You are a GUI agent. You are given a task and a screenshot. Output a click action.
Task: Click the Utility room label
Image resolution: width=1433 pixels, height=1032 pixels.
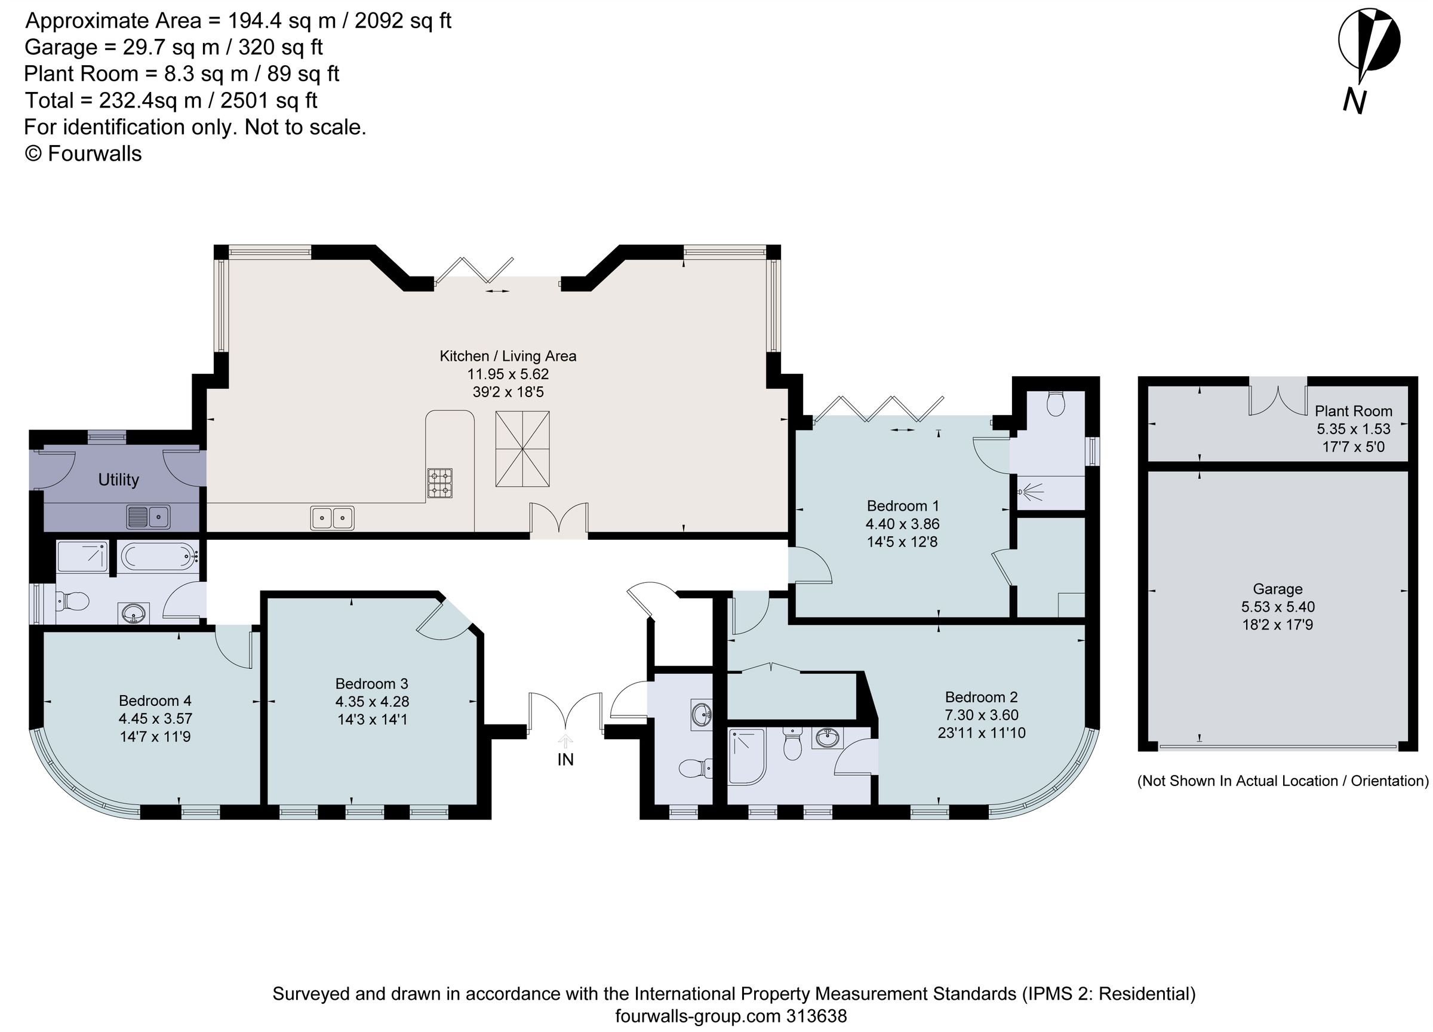pyautogui.click(x=118, y=480)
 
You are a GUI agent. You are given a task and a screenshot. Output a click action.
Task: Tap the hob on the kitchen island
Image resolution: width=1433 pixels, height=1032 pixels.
pyautogui.click(x=440, y=483)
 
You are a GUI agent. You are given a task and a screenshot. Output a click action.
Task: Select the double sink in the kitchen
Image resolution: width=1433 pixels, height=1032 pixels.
pyautogui.click(x=332, y=518)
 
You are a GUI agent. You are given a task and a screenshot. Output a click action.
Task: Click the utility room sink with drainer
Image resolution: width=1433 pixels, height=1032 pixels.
pyautogui.click(x=148, y=517)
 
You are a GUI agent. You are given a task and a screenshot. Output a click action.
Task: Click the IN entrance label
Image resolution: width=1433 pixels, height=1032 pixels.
pyautogui.click(x=565, y=760)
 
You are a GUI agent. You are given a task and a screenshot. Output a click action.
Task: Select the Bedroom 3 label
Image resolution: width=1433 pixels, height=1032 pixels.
pyautogui.click(x=371, y=683)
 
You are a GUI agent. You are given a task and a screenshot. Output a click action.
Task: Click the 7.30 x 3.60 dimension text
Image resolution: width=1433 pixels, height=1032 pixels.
pyautogui.click(x=980, y=715)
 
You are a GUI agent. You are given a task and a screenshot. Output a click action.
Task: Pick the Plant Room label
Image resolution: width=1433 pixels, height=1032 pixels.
pyautogui.click(x=1354, y=411)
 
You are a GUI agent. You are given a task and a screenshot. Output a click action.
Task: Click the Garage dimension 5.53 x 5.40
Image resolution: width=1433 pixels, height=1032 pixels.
pyautogui.click(x=1278, y=607)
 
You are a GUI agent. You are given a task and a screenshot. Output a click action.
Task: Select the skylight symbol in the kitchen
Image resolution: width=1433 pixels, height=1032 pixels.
pyautogui.click(x=522, y=449)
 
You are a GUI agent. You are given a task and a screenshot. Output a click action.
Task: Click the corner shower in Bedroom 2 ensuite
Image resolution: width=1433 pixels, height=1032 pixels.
pyautogui.click(x=747, y=757)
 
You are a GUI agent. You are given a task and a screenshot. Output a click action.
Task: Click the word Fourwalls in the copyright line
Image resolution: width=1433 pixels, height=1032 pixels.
pyautogui.click(x=95, y=153)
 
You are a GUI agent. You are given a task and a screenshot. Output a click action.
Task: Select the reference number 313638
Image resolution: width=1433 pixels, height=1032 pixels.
pyautogui.click(x=816, y=1016)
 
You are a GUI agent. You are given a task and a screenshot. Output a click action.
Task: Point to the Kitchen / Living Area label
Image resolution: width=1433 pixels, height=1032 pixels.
pyautogui.click(x=508, y=356)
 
